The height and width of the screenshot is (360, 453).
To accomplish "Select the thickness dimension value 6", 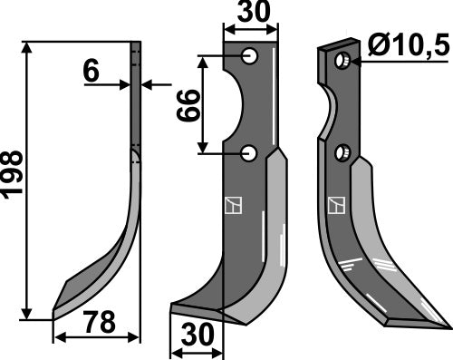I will click(x=91, y=73).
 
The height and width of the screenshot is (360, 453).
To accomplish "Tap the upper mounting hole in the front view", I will click(x=250, y=57).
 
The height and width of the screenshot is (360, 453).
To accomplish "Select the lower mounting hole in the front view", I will click(x=250, y=154).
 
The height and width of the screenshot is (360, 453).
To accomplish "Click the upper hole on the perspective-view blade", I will click(x=342, y=61).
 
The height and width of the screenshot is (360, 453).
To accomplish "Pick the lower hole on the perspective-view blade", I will click(x=342, y=153).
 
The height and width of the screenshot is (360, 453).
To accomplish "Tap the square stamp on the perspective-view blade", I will click(x=336, y=204).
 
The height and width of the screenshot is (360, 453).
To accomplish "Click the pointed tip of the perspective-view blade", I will click(x=446, y=321).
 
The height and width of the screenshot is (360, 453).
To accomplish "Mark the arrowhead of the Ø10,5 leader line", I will click(x=354, y=62).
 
